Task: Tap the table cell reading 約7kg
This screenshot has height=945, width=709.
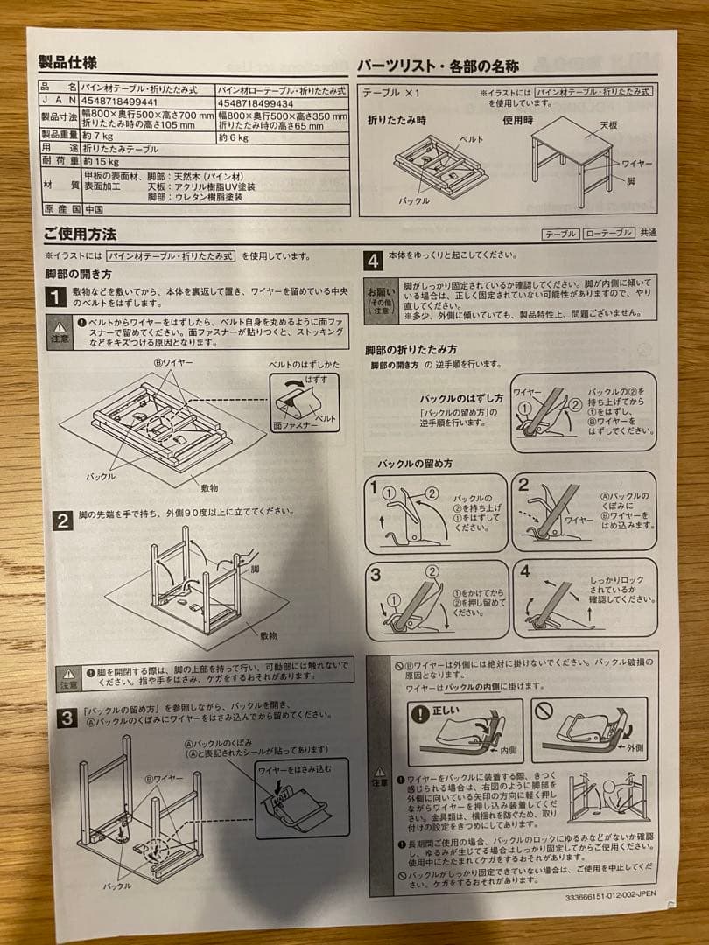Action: (97, 136)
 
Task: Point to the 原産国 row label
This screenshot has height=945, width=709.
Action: (60, 210)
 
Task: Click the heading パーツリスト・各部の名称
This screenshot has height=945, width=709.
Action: (438, 66)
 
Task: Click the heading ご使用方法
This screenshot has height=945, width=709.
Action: (80, 234)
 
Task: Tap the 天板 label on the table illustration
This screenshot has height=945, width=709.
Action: (609, 125)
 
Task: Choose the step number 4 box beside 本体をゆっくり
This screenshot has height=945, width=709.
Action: (373, 259)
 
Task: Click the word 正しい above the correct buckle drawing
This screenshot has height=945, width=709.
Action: (444, 711)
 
